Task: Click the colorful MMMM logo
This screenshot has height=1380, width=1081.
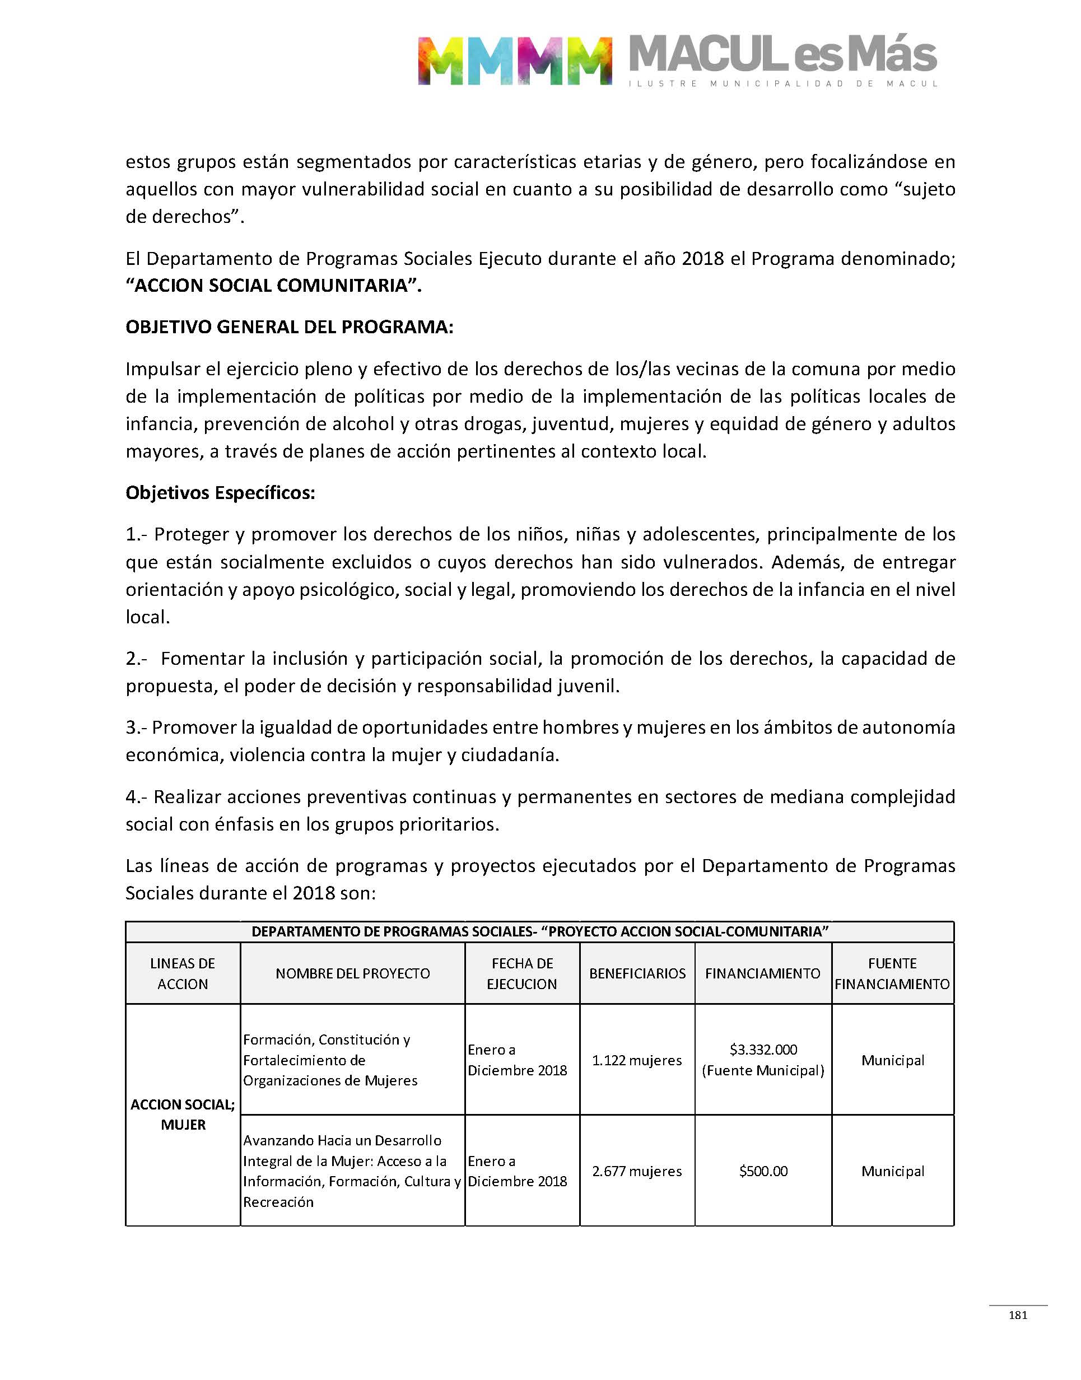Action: click(x=514, y=60)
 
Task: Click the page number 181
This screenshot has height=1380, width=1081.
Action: click(x=1018, y=1315)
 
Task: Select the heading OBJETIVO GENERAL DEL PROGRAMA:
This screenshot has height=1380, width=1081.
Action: click(x=289, y=327)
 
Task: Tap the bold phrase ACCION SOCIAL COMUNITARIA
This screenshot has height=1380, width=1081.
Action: click(x=273, y=286)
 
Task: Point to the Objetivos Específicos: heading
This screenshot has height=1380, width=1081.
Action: click(x=220, y=492)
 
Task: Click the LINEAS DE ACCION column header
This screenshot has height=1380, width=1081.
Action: click(x=182, y=973)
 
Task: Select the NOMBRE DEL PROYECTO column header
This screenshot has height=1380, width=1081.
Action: click(x=352, y=973)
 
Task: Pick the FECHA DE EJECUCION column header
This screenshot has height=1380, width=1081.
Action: click(x=522, y=973)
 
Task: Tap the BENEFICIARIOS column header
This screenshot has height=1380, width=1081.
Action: click(x=637, y=973)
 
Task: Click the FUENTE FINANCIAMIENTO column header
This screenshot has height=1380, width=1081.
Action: click(x=892, y=973)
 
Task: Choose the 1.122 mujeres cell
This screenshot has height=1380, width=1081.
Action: click(x=637, y=1060)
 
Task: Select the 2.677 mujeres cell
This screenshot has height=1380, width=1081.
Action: click(x=637, y=1171)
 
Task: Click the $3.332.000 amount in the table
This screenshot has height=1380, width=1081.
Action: click(x=763, y=1050)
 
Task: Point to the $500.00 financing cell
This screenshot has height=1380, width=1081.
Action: click(x=763, y=1171)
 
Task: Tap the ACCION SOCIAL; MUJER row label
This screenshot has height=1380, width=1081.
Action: click(x=183, y=1115)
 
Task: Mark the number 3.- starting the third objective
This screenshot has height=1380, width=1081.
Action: click(x=136, y=728)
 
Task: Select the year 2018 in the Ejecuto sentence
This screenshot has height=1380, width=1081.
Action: click(x=702, y=258)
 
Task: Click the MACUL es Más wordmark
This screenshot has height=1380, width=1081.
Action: click(x=783, y=55)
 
